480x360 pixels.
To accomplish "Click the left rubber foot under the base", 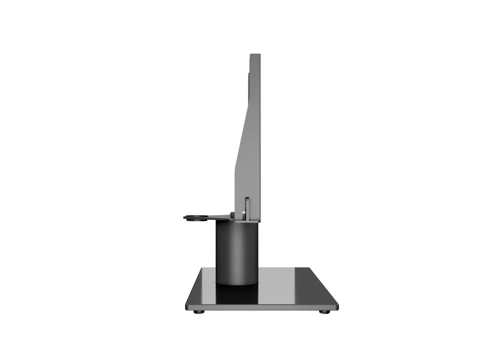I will coord(199,312).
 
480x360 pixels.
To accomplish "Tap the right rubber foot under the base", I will coord(325,312).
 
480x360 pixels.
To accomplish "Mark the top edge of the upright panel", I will coord(255,55).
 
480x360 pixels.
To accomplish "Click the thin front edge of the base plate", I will coord(262,307).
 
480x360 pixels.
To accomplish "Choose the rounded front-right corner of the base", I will coord(336,306).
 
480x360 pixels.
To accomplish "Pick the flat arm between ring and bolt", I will coord(218,217).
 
